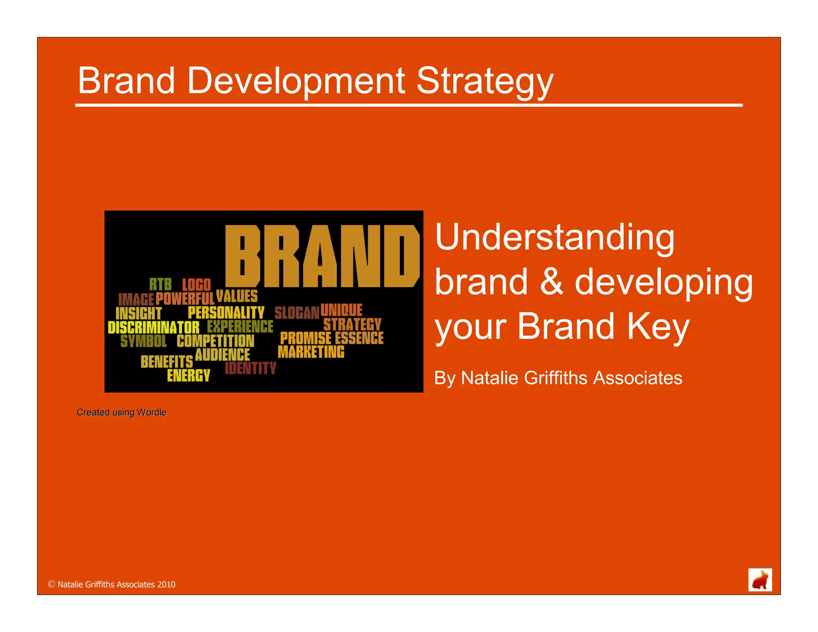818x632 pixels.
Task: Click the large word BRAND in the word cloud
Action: [x=322, y=256]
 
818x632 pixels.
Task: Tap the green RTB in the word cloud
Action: [x=161, y=284]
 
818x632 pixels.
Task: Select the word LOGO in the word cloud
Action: [x=196, y=285]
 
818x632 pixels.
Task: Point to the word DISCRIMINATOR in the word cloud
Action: [x=153, y=328]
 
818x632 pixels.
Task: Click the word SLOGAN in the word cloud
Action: [x=297, y=313]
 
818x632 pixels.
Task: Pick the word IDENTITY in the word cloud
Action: [x=250, y=368]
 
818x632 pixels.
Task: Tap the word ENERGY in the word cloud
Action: [x=189, y=376]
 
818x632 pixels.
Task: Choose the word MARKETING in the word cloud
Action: [x=311, y=352]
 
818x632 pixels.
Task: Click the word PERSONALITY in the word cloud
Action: [x=226, y=312]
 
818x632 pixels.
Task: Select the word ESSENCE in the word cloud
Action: [x=359, y=338]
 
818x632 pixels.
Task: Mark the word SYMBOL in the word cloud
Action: [x=143, y=341]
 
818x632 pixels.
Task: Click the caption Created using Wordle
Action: [x=121, y=412]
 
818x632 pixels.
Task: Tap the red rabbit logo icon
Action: [x=760, y=580]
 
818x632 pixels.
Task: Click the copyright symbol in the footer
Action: [x=52, y=584]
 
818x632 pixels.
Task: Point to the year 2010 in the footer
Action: [x=166, y=584]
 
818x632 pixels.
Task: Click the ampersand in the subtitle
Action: [x=551, y=282]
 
